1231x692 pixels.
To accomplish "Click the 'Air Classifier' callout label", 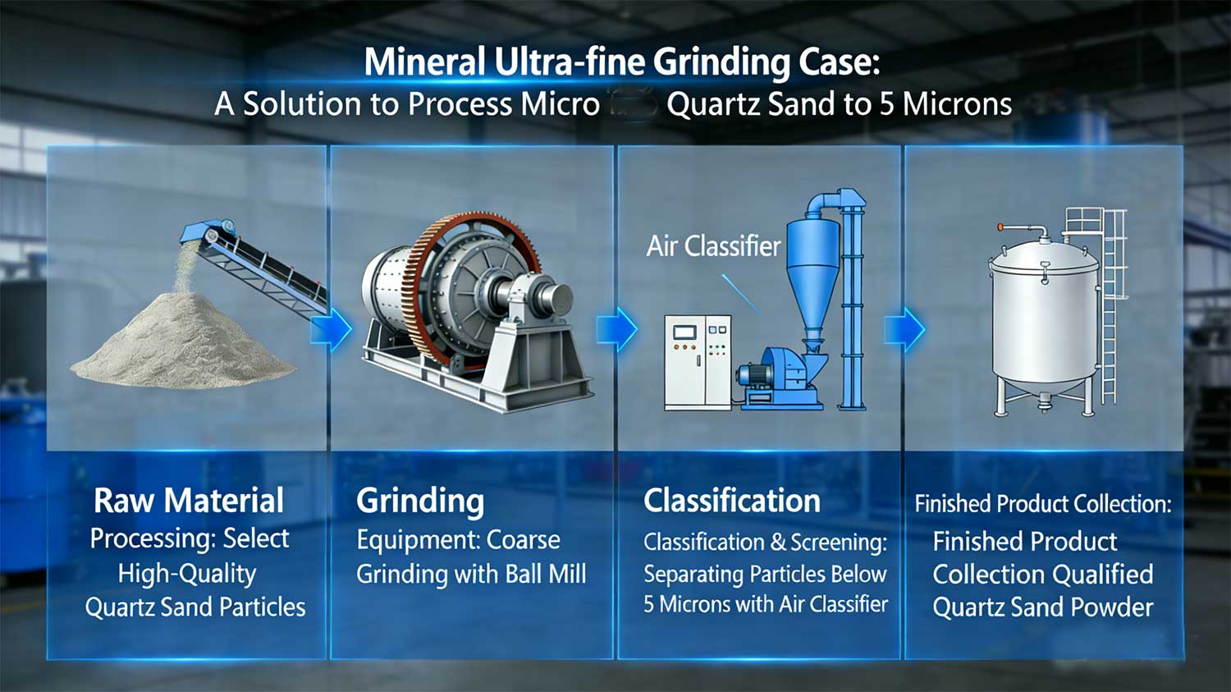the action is [x=713, y=245].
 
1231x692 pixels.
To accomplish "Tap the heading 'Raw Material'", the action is [x=189, y=500].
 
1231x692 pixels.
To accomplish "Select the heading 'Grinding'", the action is [x=420, y=502].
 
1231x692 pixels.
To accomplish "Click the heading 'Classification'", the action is [x=731, y=500].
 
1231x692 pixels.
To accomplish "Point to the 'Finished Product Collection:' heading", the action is [x=1042, y=503].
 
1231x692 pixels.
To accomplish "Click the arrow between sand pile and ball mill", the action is [x=331, y=329].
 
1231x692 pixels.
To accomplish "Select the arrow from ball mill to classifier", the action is [x=616, y=329].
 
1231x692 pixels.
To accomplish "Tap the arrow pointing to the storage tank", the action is [x=904, y=329].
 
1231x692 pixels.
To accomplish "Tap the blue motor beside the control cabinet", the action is [x=754, y=376].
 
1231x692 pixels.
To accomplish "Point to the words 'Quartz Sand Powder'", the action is [x=1042, y=607].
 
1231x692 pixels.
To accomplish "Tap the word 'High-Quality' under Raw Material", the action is [x=187, y=575].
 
